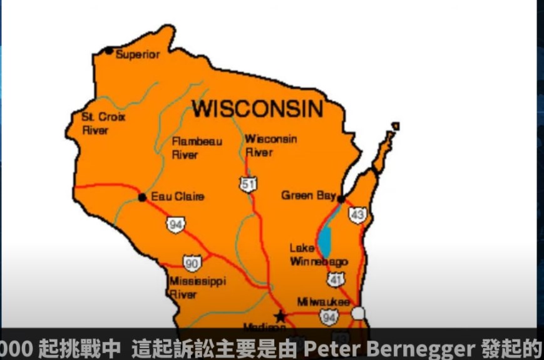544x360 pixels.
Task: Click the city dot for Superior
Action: (x=109, y=51)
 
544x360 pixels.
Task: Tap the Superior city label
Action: (x=138, y=54)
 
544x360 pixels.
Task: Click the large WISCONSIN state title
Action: (x=257, y=108)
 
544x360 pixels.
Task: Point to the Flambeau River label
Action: (x=196, y=148)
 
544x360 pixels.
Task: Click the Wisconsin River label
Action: (x=270, y=145)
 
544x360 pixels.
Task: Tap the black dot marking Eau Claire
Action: (x=142, y=197)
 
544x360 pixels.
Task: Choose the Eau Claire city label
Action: (x=178, y=197)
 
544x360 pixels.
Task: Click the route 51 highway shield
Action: (x=248, y=183)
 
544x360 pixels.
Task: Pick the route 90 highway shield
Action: (x=192, y=263)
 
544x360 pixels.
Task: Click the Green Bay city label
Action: (x=308, y=195)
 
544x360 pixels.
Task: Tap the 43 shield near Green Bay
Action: (x=357, y=215)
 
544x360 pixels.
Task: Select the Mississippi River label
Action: (x=197, y=287)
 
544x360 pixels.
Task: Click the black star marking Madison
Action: (x=280, y=316)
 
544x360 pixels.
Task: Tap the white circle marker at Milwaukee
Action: (x=358, y=313)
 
